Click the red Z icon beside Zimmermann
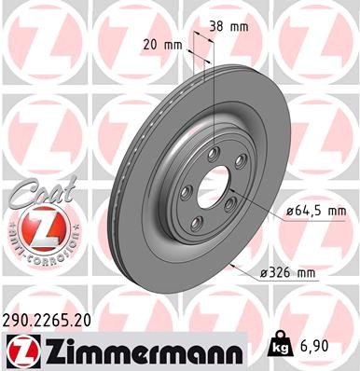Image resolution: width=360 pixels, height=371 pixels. (x=18, y=350)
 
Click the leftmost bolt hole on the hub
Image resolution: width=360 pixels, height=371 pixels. (x=186, y=192)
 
